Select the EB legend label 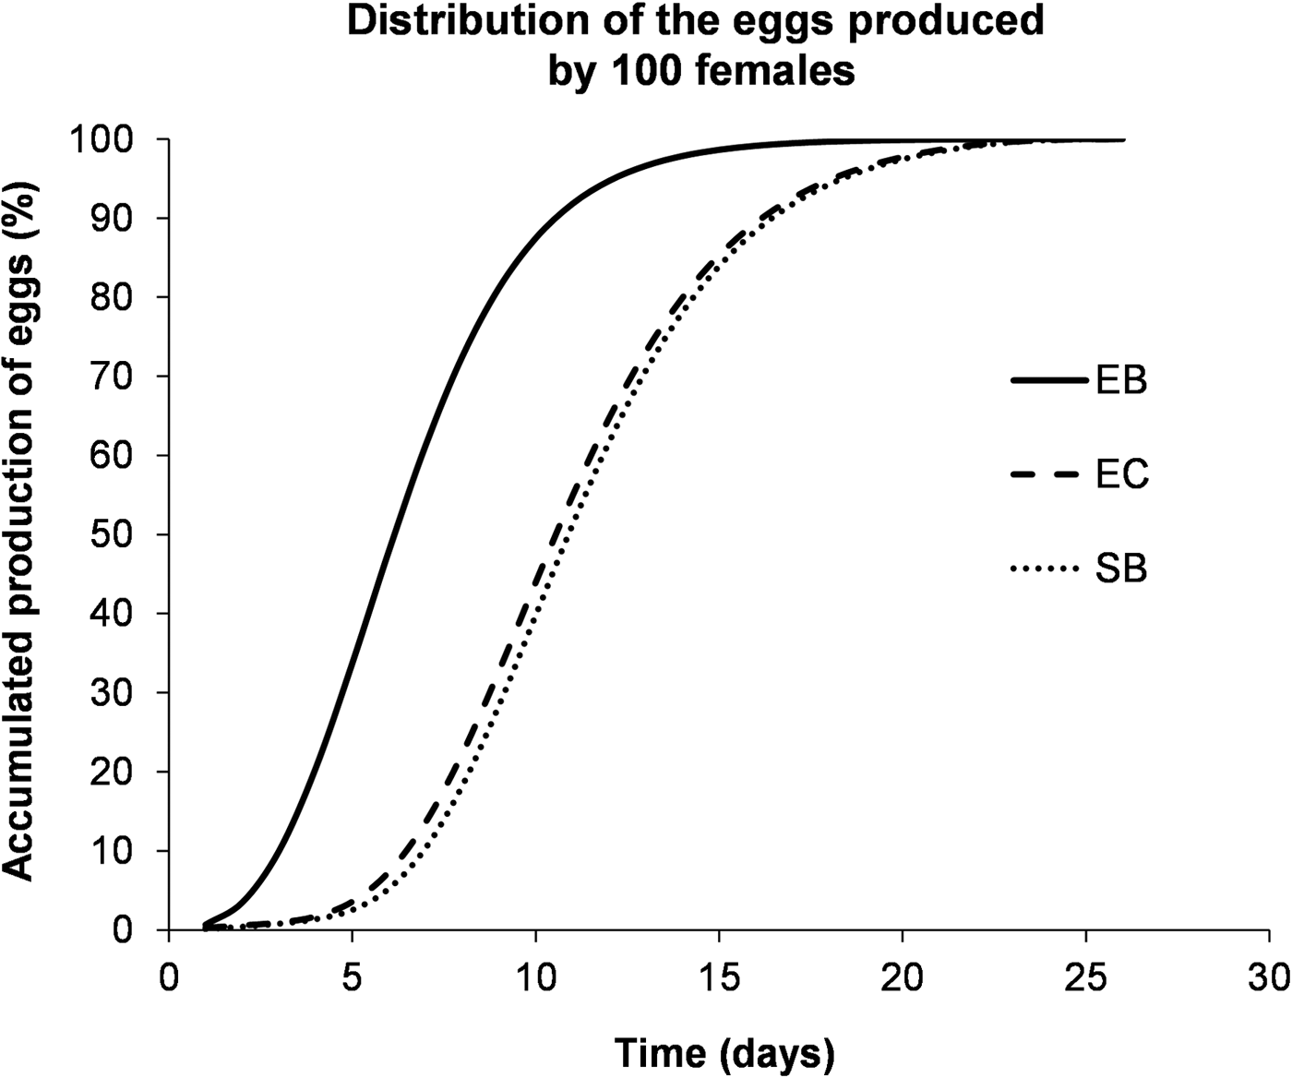(x=1121, y=380)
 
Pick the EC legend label (x=1122, y=474)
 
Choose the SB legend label (x=1121, y=569)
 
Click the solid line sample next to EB (x=1048, y=380)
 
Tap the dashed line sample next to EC (x=1048, y=474)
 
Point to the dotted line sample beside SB (x=1048, y=569)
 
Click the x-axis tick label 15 (x=719, y=977)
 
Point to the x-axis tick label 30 (x=1269, y=977)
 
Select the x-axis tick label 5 (x=352, y=977)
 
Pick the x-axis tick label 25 (x=1085, y=977)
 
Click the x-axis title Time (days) (x=724, y=1051)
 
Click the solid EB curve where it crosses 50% (x=390, y=534)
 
